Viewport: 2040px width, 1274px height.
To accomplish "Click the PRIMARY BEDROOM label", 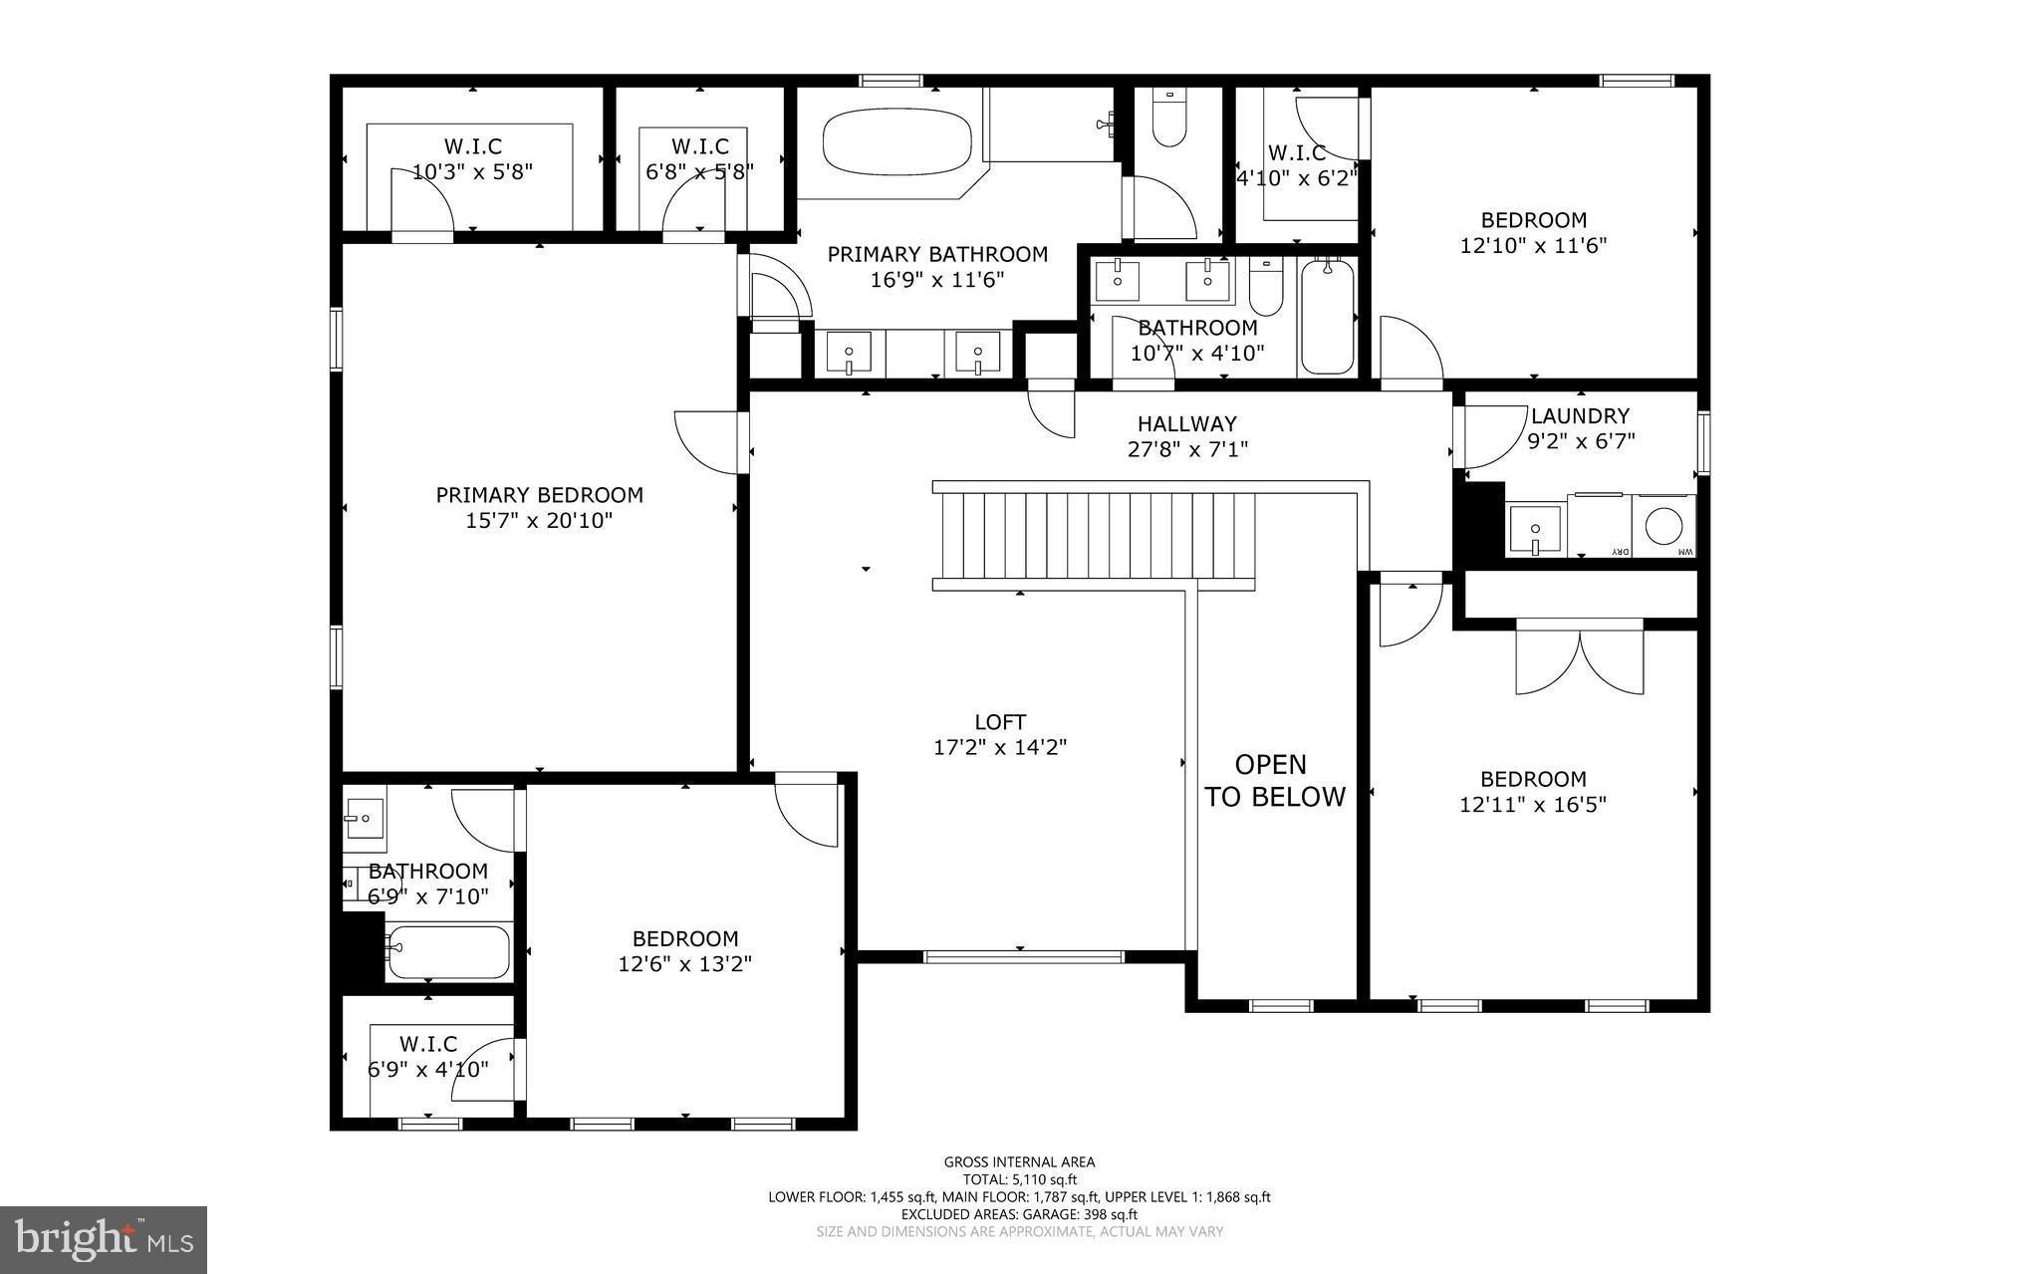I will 539,495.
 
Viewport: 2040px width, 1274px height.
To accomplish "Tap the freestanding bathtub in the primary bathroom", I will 896,140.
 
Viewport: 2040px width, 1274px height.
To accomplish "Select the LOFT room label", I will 1000,722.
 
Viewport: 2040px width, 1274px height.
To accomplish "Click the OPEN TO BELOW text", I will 1274,780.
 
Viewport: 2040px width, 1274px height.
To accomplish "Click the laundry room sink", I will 1534,529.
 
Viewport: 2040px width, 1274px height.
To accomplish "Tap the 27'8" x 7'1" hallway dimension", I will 1187,449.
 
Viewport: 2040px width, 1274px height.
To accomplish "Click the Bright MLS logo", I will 104,1238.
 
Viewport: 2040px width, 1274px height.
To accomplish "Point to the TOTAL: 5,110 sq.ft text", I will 1019,1179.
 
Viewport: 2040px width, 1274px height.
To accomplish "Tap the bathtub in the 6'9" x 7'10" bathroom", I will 448,952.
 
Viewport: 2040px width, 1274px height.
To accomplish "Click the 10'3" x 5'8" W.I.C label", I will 472,171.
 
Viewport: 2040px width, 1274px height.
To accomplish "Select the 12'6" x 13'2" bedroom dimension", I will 684,964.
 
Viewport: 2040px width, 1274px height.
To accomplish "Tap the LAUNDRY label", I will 1580,416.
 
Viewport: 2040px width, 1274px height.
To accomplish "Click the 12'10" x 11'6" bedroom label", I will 1533,245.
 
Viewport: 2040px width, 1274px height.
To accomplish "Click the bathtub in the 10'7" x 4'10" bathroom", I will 1327,316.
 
